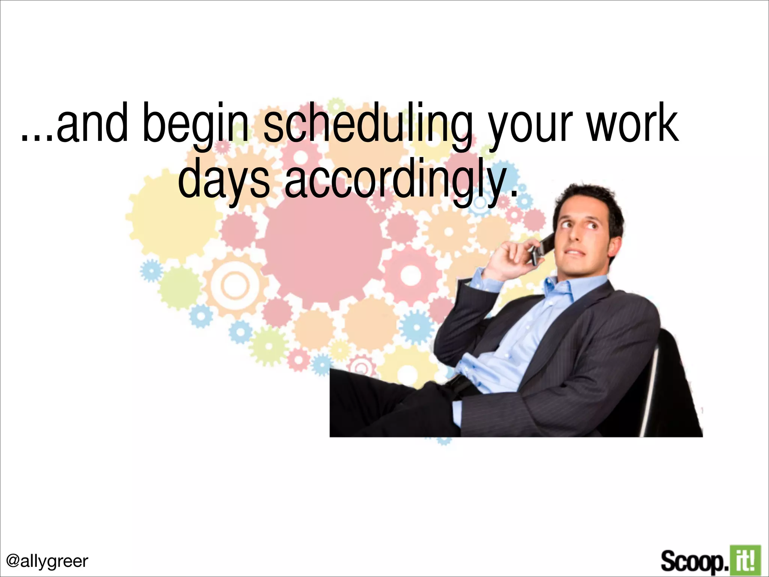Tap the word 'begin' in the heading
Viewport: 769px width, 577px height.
pos(196,124)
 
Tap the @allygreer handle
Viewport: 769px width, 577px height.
pos(47,561)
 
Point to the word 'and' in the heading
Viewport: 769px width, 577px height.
pos(92,124)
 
